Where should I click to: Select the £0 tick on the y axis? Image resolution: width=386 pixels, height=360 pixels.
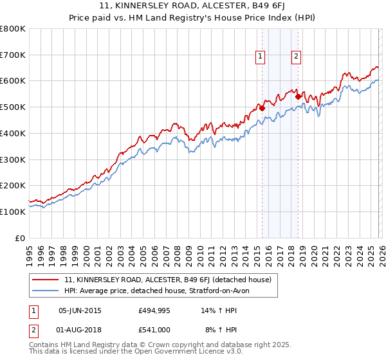tap(20, 238)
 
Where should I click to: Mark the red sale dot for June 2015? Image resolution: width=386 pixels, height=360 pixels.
tap(262, 109)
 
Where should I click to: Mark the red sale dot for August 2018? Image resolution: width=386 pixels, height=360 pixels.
tap(298, 96)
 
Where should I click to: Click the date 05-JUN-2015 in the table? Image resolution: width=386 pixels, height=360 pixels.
tap(80, 310)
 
